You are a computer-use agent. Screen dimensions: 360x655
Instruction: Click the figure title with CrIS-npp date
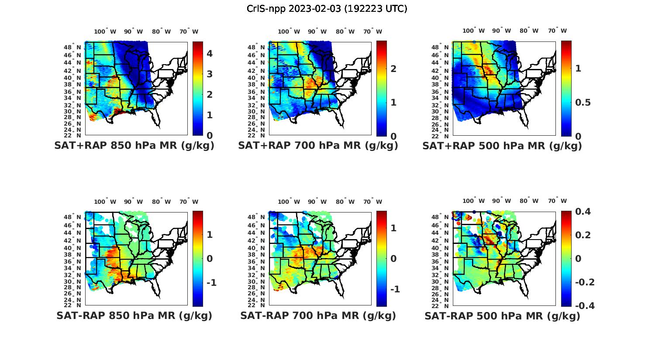tap(327, 9)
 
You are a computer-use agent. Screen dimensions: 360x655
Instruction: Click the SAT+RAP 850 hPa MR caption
tap(134, 146)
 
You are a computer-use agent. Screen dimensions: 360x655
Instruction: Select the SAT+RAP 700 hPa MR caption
tap(318, 146)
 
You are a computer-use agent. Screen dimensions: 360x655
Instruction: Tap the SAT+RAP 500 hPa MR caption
tap(502, 146)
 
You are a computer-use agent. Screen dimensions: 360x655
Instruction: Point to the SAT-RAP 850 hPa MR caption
tap(134, 315)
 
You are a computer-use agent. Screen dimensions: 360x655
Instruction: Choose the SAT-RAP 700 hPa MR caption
tap(318, 315)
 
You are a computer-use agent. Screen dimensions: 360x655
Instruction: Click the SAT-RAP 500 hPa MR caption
tap(502, 315)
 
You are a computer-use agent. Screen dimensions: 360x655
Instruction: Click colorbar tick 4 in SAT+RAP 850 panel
tap(210, 54)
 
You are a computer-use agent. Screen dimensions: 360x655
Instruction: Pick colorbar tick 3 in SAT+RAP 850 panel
tap(210, 74)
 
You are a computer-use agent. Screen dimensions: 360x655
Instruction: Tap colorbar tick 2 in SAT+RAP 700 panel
tap(393, 69)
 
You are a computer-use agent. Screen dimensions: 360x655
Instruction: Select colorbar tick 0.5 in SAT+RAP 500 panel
tap(583, 102)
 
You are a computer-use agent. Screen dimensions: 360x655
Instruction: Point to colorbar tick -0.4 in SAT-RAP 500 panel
tap(585, 305)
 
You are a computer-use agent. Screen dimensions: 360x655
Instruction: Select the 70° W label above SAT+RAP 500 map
tap(557, 31)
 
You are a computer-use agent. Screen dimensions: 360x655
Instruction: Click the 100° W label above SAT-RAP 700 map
tap(289, 202)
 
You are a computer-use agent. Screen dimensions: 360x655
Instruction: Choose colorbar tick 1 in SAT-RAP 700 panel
tap(393, 228)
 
